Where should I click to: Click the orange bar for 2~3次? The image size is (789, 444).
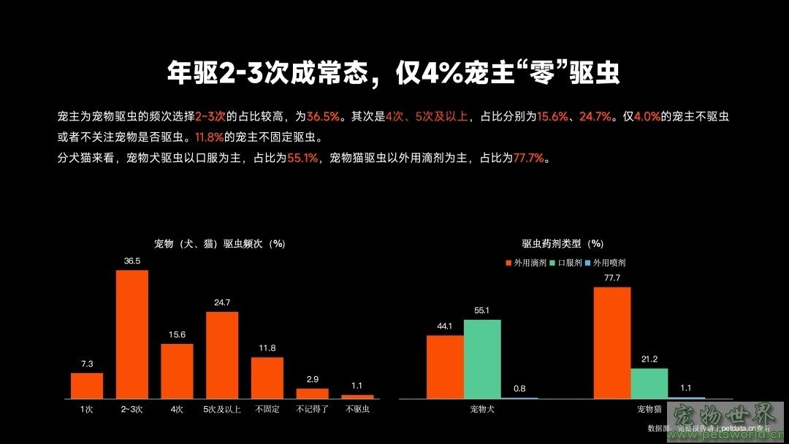pos(131,334)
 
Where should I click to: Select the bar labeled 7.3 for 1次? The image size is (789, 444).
pos(87,386)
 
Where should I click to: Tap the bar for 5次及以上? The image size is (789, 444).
pos(222,355)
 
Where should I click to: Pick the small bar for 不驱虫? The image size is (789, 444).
pos(357,397)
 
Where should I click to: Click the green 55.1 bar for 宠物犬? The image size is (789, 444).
pos(482,359)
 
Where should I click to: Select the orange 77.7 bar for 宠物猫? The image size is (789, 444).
pos(611,342)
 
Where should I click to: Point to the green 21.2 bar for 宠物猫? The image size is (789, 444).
pos(649,383)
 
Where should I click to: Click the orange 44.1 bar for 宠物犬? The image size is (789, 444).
pos(445,367)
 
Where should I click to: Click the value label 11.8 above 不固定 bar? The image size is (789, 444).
pos(267,348)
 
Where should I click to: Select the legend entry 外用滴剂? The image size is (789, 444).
pos(526,262)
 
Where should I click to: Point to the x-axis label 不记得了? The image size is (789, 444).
pos(312,409)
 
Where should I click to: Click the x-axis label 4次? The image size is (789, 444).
pos(177,409)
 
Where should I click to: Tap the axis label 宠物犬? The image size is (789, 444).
pos(482,409)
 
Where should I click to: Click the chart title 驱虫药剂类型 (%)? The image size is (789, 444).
pos(563,244)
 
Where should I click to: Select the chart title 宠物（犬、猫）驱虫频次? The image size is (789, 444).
pos(219,244)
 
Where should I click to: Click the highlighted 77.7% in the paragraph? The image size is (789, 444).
pos(529,158)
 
